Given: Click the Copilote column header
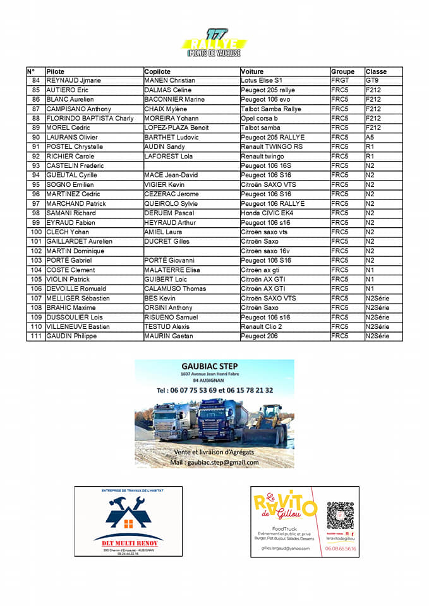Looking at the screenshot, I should click(x=157, y=71).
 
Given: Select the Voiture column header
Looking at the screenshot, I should click(x=252, y=71).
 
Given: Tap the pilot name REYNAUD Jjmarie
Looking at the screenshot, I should click(x=74, y=81).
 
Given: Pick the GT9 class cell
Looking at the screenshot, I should click(x=372, y=81).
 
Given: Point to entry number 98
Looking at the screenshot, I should click(x=35, y=213).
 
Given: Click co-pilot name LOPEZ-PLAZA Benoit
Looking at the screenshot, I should click(x=176, y=128).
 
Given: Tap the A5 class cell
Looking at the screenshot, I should click(x=370, y=138).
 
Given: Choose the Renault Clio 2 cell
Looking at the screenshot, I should click(x=262, y=327).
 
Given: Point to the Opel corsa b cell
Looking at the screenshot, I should click(x=259, y=119).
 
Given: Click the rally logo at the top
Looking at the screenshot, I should click(x=214, y=43).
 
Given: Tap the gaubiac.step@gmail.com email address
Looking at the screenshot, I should click(x=214, y=462).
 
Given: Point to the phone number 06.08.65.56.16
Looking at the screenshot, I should click(x=341, y=549).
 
